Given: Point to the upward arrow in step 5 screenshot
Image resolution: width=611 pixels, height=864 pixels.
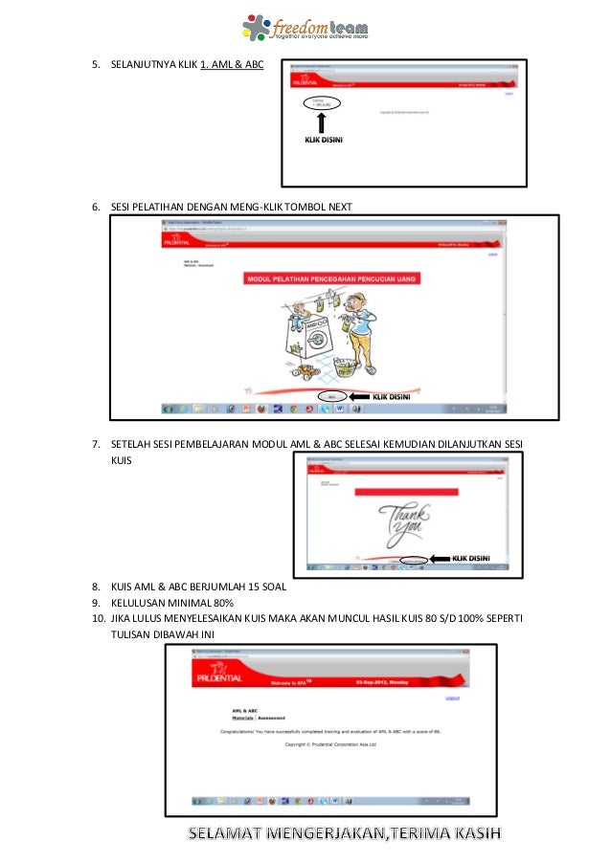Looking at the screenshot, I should (322, 122).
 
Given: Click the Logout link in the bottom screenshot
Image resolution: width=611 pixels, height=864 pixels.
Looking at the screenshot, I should (453, 698).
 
